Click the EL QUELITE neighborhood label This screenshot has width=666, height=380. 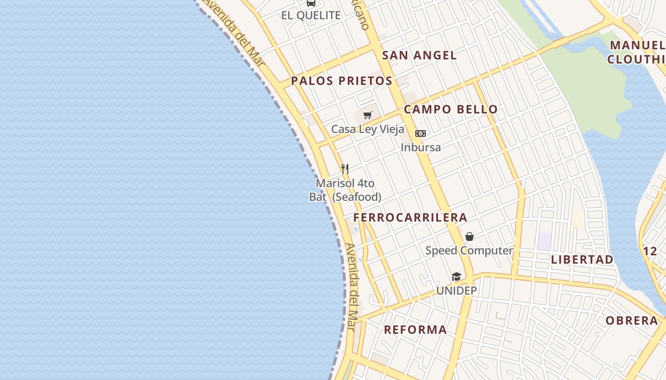coord(311,15)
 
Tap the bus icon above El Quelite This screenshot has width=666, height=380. coord(311,3)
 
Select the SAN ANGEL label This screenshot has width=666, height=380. coord(419,55)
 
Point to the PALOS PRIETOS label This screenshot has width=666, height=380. coord(342,81)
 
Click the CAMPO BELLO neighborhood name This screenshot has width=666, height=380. coord(451,109)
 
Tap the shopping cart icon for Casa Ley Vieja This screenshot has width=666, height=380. coord(367,115)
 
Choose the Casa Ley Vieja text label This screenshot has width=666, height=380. coord(368,129)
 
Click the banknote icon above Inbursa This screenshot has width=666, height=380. coord(421,133)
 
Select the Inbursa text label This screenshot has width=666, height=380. coord(421,147)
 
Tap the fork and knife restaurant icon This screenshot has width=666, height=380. coord(345,169)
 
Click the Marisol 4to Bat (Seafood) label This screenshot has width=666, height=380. coord(345,190)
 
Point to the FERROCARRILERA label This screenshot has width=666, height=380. coord(410,218)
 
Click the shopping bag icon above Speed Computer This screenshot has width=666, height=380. coord(470,237)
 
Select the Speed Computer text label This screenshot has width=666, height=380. coord(469,250)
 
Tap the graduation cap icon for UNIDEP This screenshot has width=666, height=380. coord(456,276)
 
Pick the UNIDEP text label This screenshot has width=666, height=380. coord(457,290)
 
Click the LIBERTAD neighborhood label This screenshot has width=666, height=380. coord(582,260)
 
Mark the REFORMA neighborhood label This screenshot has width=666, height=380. coord(415,330)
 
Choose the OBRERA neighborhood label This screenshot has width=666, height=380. coord(632,321)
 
